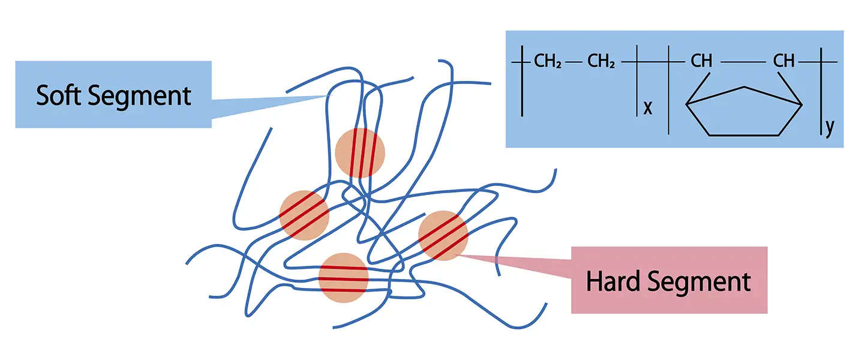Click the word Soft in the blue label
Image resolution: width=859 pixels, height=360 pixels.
(x=59, y=95)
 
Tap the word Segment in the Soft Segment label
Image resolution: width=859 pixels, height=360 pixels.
(x=140, y=96)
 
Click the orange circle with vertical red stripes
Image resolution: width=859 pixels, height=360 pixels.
(x=360, y=153)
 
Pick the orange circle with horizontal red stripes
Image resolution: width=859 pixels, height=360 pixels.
(x=343, y=278)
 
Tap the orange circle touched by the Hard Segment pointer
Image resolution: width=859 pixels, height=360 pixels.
(x=443, y=235)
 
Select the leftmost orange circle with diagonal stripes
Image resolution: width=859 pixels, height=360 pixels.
(x=304, y=215)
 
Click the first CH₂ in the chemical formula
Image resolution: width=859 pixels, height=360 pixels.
(x=548, y=61)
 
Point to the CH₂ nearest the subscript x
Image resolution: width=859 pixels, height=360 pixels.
(x=601, y=61)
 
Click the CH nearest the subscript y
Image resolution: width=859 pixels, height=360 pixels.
(x=783, y=61)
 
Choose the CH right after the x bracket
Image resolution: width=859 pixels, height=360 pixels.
(x=701, y=61)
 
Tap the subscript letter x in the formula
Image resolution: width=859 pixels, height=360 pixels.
(x=648, y=108)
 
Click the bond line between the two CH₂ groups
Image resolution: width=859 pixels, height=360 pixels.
(x=573, y=62)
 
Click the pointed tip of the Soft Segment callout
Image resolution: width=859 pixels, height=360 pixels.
(x=332, y=95)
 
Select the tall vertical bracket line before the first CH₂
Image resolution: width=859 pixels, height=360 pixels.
(x=522, y=80)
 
